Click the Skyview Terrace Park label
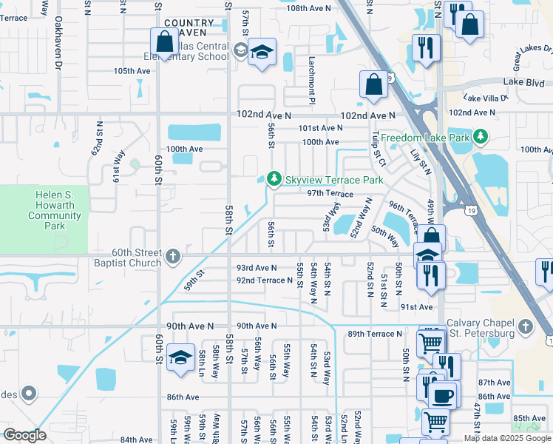[x=334, y=180]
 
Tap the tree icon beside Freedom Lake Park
[x=481, y=137]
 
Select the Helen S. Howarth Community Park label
[x=55, y=211]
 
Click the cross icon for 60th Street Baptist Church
[x=173, y=256]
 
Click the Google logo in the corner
[x=24, y=435]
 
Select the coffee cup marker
[x=443, y=396]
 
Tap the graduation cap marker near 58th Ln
[x=180, y=359]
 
